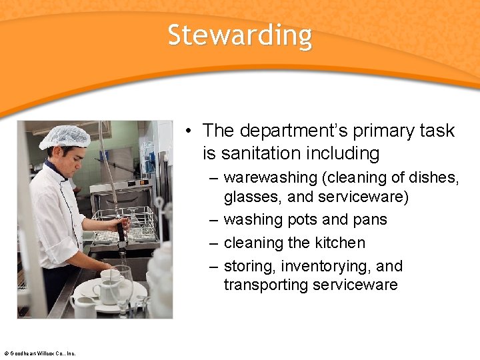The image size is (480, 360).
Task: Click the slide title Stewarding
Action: (x=239, y=35)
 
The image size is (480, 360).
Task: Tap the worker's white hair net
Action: (x=65, y=137)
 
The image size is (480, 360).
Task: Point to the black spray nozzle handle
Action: (x=121, y=233)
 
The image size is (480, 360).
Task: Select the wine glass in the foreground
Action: (x=121, y=283)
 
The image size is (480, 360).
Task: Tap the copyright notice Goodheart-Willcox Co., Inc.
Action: (x=39, y=353)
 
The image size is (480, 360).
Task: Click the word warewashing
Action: (x=270, y=178)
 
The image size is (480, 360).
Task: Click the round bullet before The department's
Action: (x=190, y=131)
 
